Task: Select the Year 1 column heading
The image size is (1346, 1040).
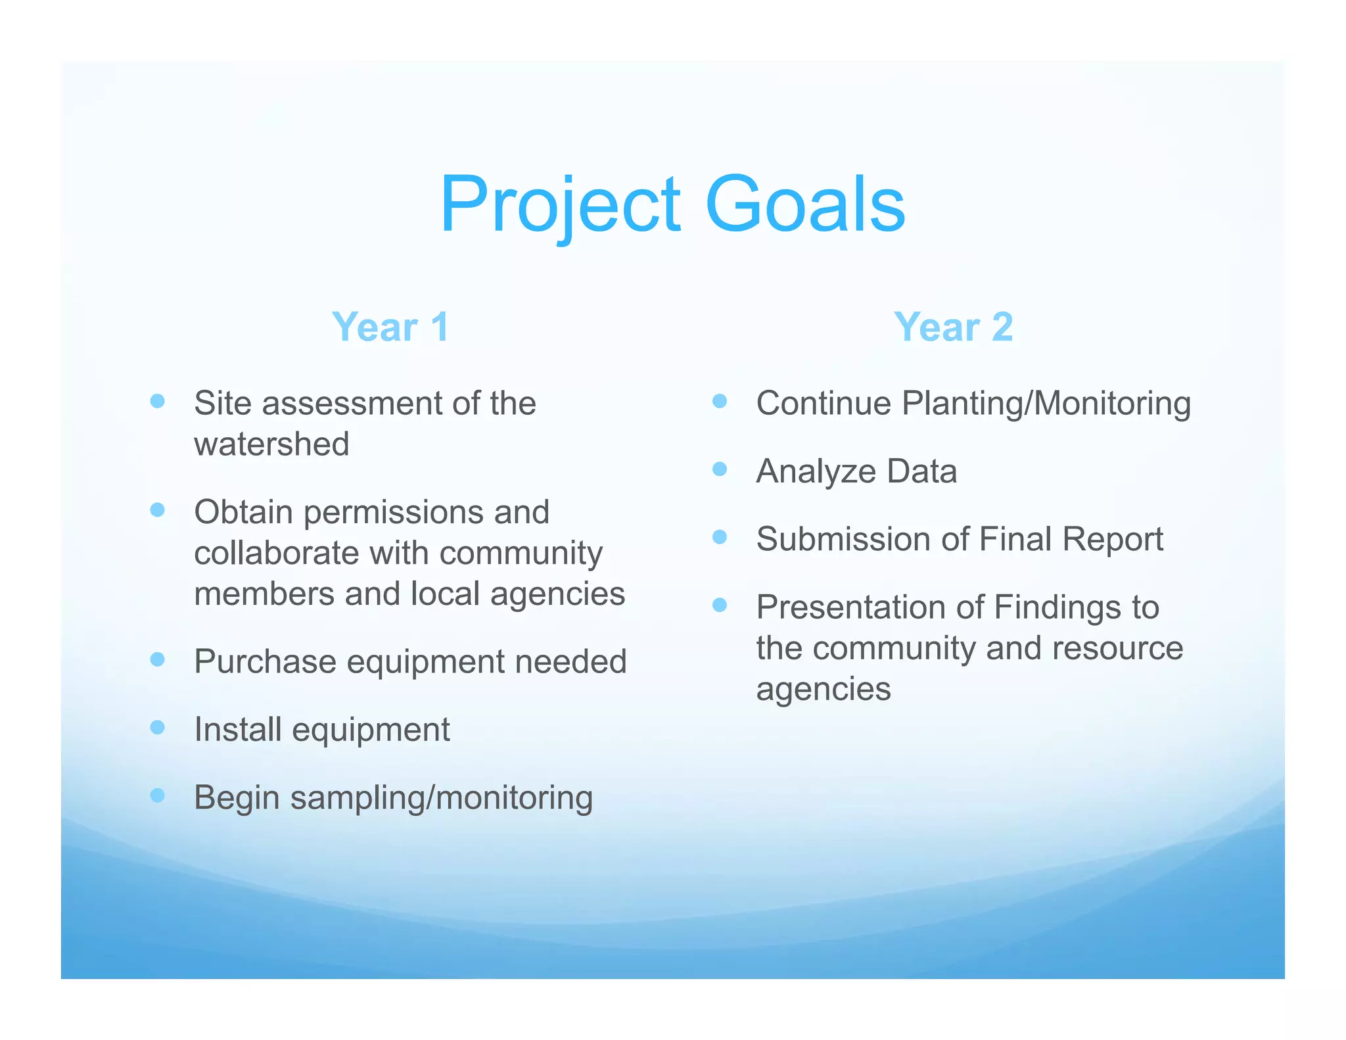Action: (390, 327)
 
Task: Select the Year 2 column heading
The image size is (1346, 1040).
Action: (953, 327)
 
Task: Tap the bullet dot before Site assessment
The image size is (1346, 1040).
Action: (157, 401)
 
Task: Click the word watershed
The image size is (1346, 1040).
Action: (271, 444)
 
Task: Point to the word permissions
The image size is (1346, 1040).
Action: (393, 512)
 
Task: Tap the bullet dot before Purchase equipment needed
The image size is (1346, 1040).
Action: (157, 659)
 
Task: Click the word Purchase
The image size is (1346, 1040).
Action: (266, 661)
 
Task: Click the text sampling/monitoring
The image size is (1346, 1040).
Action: (442, 798)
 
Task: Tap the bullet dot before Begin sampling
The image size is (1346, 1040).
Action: (157, 795)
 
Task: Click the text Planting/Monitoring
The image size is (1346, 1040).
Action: (1046, 404)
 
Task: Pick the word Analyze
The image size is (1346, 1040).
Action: (815, 472)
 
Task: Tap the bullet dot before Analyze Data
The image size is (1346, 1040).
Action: (720, 469)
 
